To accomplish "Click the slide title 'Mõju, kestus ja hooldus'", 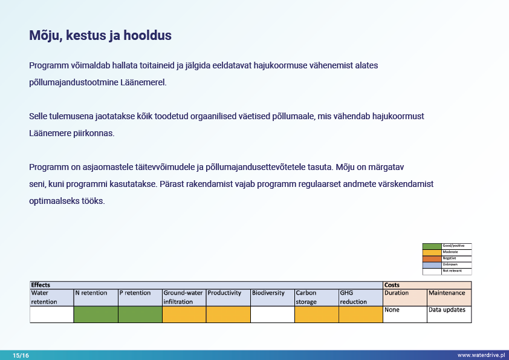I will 100,36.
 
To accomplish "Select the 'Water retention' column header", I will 51,297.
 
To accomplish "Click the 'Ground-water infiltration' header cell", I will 184,297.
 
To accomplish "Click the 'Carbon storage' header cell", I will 316,297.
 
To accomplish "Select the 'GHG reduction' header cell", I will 360,297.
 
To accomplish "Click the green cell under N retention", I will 96,314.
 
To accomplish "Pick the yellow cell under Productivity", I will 228,314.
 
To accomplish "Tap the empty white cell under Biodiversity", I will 272,314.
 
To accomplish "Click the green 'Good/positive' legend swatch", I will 432,246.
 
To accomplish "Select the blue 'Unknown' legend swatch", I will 432,264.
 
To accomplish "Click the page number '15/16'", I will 21,355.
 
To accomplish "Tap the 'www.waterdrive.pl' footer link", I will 481,355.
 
